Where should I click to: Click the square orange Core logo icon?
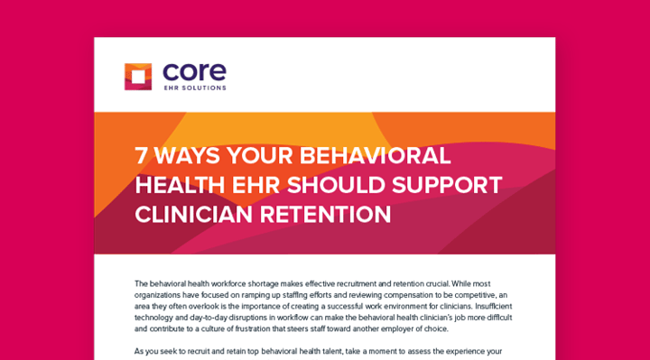click(138, 76)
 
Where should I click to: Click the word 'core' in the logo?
click(195, 71)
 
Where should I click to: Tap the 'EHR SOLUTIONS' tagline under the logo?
click(195, 88)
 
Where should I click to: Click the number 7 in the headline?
click(142, 154)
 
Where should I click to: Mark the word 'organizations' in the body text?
click(157, 295)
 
